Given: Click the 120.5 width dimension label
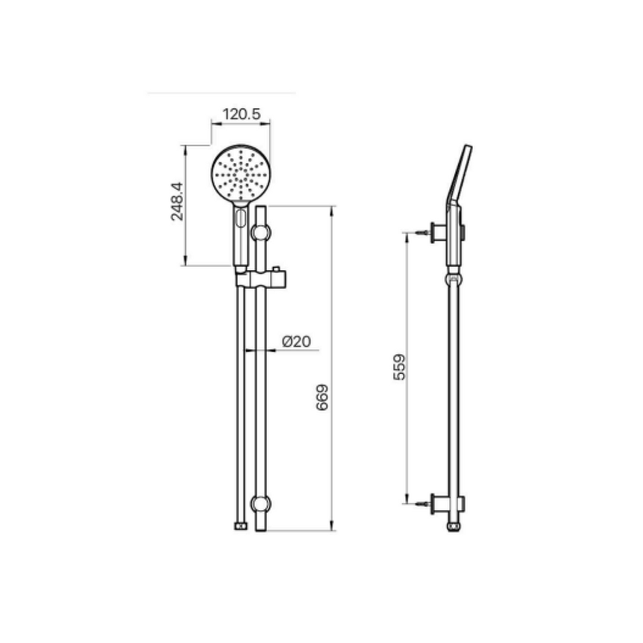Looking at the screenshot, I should coord(240,115).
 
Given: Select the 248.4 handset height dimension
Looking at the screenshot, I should coord(176,202).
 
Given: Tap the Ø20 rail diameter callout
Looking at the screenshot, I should coord(296,341).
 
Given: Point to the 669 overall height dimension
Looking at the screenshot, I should coord(321,397).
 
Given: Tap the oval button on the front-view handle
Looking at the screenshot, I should coord(240,220).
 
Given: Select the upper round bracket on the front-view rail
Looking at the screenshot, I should coord(261,232).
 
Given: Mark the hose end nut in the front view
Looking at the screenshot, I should coord(239,526).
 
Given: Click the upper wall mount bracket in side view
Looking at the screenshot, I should coord(438,232).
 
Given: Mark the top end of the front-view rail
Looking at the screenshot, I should coord(261,208).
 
